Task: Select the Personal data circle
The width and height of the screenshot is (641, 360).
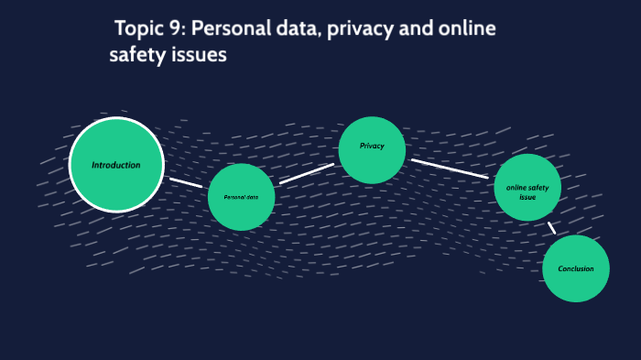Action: tap(241, 197)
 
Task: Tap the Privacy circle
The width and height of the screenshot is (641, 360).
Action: tap(372, 149)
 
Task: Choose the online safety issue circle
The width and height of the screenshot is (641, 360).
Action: tap(527, 188)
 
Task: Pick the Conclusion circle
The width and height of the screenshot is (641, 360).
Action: tap(575, 268)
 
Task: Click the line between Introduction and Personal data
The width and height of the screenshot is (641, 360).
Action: tap(186, 182)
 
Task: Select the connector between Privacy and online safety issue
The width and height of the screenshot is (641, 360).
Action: tap(450, 169)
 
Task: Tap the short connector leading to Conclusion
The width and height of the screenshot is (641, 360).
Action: tap(551, 227)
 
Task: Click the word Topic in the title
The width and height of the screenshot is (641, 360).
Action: tap(141, 28)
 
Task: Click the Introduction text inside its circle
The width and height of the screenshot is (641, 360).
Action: tap(116, 165)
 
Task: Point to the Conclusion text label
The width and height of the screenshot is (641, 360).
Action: tap(575, 268)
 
